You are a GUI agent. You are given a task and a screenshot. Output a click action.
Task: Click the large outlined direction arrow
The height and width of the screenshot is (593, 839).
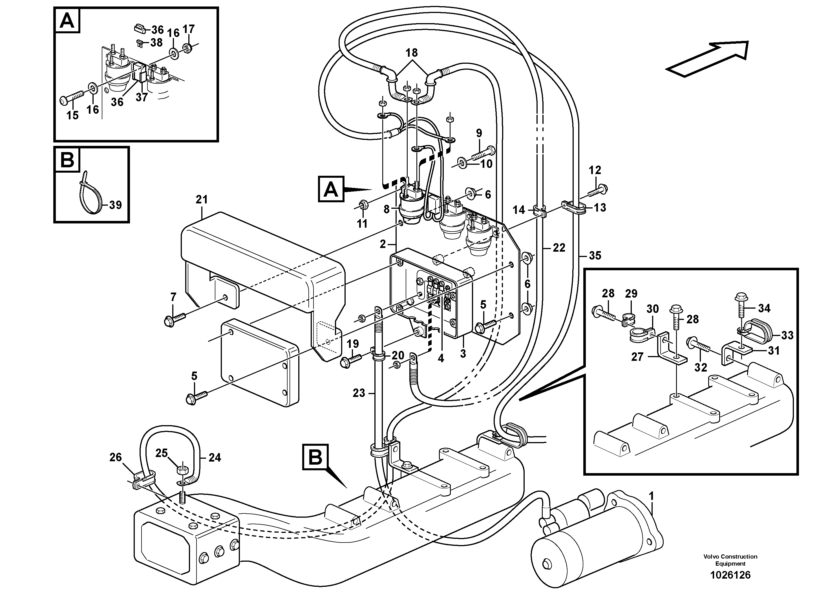pyautogui.click(x=707, y=59)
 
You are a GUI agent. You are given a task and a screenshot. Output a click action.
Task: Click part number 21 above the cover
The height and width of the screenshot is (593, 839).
pyautogui.click(x=201, y=200)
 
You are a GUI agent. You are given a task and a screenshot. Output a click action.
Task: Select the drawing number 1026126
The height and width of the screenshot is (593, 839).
pyautogui.click(x=730, y=575)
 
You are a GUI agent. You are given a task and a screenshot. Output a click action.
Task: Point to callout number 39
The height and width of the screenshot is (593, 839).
pyautogui.click(x=116, y=205)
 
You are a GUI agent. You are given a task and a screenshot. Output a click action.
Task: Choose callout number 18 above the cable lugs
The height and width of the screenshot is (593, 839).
pyautogui.click(x=411, y=53)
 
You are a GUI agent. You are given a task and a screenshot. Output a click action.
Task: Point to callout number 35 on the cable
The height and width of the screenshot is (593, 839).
pyautogui.click(x=595, y=256)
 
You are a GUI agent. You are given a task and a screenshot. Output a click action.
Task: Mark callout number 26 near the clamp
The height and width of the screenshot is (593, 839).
pyautogui.click(x=116, y=457)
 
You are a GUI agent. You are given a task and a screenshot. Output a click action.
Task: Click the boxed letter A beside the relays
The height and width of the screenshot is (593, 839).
pyautogui.click(x=331, y=189)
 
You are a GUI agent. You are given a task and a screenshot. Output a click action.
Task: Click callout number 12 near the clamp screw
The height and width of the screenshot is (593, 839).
pyautogui.click(x=595, y=170)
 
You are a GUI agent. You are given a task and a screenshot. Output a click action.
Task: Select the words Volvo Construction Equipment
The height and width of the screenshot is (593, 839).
pyautogui.click(x=730, y=560)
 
